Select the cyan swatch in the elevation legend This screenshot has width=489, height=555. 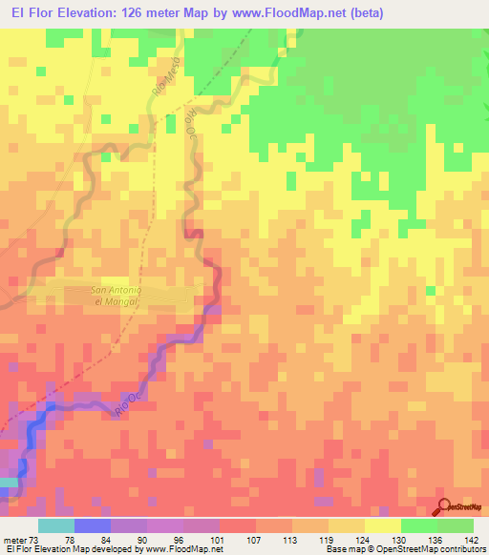pyautogui.click(x=56, y=525)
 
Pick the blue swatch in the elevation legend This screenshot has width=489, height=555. pyautogui.click(x=93, y=525)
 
